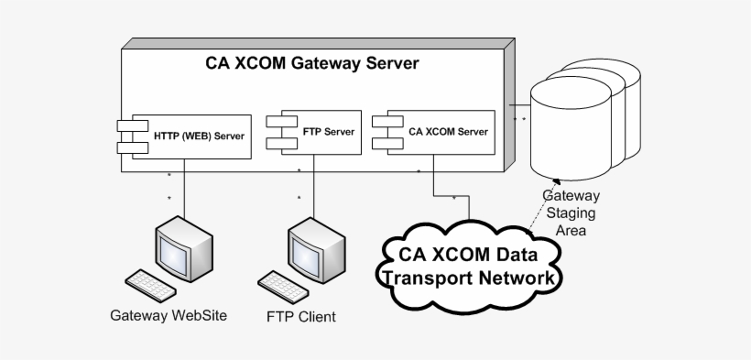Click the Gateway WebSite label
(x=169, y=316)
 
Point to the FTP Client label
(x=301, y=317)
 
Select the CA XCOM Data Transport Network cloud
(x=471, y=265)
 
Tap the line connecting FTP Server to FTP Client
(x=315, y=188)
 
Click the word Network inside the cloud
(x=512, y=277)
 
